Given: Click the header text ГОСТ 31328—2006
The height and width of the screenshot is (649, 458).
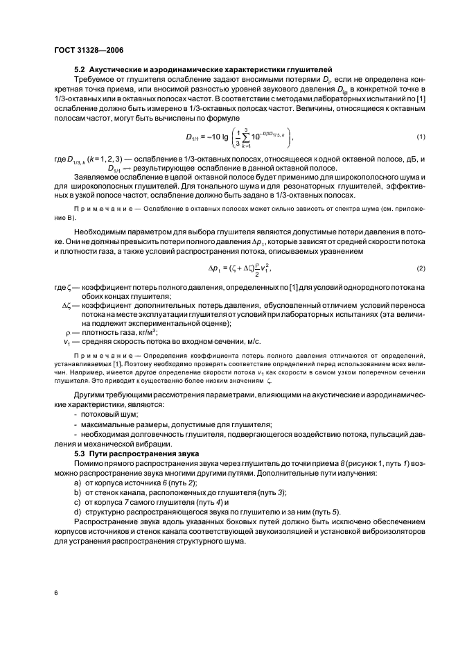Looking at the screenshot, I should pyautogui.click(x=85, y=50).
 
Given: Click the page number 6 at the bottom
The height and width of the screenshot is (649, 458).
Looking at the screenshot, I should pyautogui.click(x=55, y=591).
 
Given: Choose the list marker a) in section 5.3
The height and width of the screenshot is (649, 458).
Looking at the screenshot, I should pyautogui.click(x=78, y=481).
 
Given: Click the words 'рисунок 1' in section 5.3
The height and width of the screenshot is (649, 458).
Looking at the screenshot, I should pyautogui.click(x=328, y=462).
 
